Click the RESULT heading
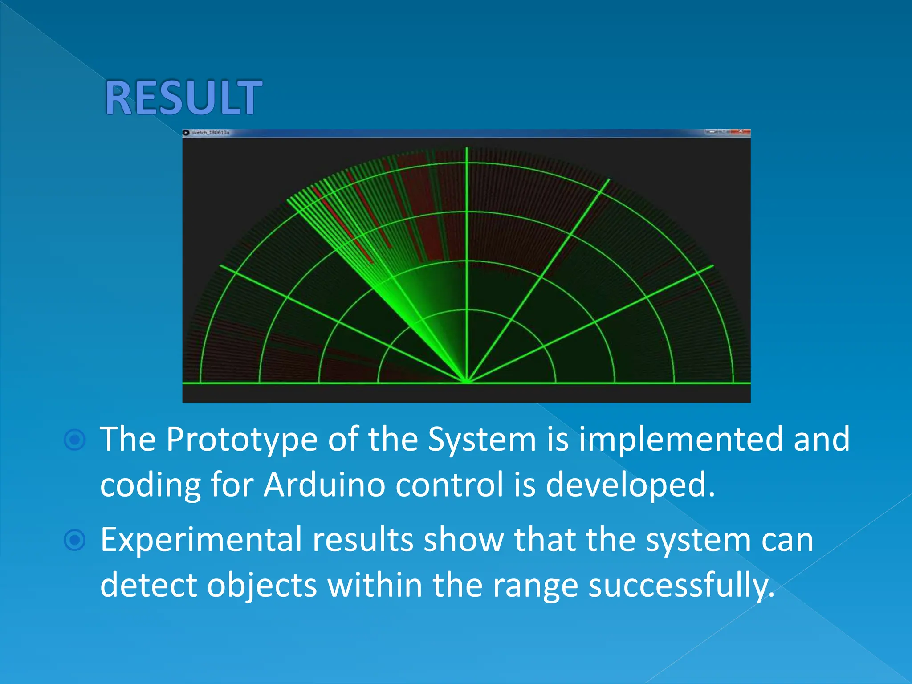(x=183, y=98)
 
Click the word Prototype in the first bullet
(x=241, y=440)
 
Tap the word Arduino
(x=324, y=484)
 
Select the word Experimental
(x=201, y=540)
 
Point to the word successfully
(x=681, y=585)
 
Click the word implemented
(x=680, y=439)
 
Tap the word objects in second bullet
(x=261, y=585)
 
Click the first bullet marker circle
(x=75, y=440)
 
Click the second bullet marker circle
(x=75, y=540)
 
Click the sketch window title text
(x=211, y=133)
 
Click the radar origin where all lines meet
(x=467, y=382)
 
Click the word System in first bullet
(x=482, y=440)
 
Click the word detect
(x=148, y=585)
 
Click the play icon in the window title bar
(x=187, y=133)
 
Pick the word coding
(x=150, y=485)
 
